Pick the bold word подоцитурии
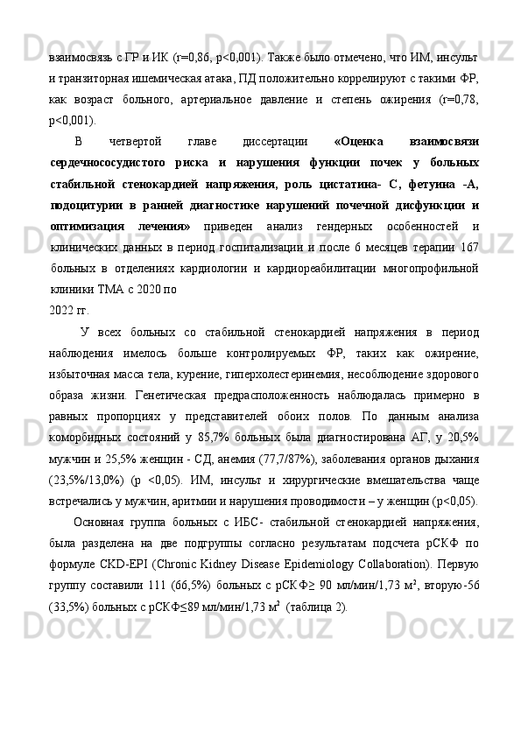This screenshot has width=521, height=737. [90, 205]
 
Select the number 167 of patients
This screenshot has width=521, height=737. [468, 247]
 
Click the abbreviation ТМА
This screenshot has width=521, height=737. [111, 289]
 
